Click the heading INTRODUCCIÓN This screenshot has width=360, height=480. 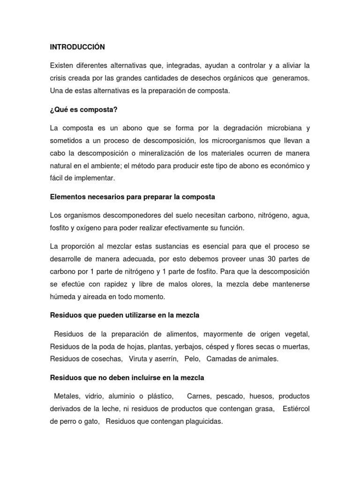click(77, 47)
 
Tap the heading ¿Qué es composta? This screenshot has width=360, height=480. click(83, 110)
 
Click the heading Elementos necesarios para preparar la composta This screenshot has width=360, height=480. click(132, 197)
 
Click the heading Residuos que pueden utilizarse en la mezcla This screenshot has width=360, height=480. click(124, 315)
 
